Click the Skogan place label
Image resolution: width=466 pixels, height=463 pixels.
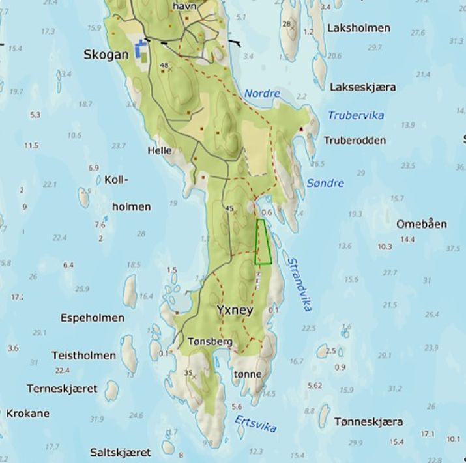(x=106, y=55)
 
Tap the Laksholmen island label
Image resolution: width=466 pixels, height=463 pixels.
(x=359, y=28)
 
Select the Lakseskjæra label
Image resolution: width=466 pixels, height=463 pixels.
(x=363, y=87)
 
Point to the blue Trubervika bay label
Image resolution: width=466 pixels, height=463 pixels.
(x=355, y=115)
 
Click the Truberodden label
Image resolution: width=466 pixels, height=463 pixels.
(x=355, y=140)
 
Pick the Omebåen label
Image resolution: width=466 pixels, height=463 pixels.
(x=422, y=224)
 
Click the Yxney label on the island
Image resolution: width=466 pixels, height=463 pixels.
(x=233, y=311)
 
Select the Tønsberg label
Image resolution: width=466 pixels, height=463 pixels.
(x=210, y=341)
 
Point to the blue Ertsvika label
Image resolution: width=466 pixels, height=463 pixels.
(x=255, y=423)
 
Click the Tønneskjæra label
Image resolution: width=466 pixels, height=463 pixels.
(x=368, y=421)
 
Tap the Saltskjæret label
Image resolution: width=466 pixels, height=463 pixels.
(x=121, y=452)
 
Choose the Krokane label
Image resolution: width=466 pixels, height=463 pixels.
(x=27, y=413)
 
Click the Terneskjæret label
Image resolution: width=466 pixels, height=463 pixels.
(x=62, y=388)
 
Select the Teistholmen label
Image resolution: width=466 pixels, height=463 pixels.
(x=83, y=356)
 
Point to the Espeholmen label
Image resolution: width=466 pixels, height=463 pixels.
(x=92, y=318)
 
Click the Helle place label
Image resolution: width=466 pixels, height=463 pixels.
(x=160, y=150)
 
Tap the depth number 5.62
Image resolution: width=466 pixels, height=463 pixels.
(x=315, y=386)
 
